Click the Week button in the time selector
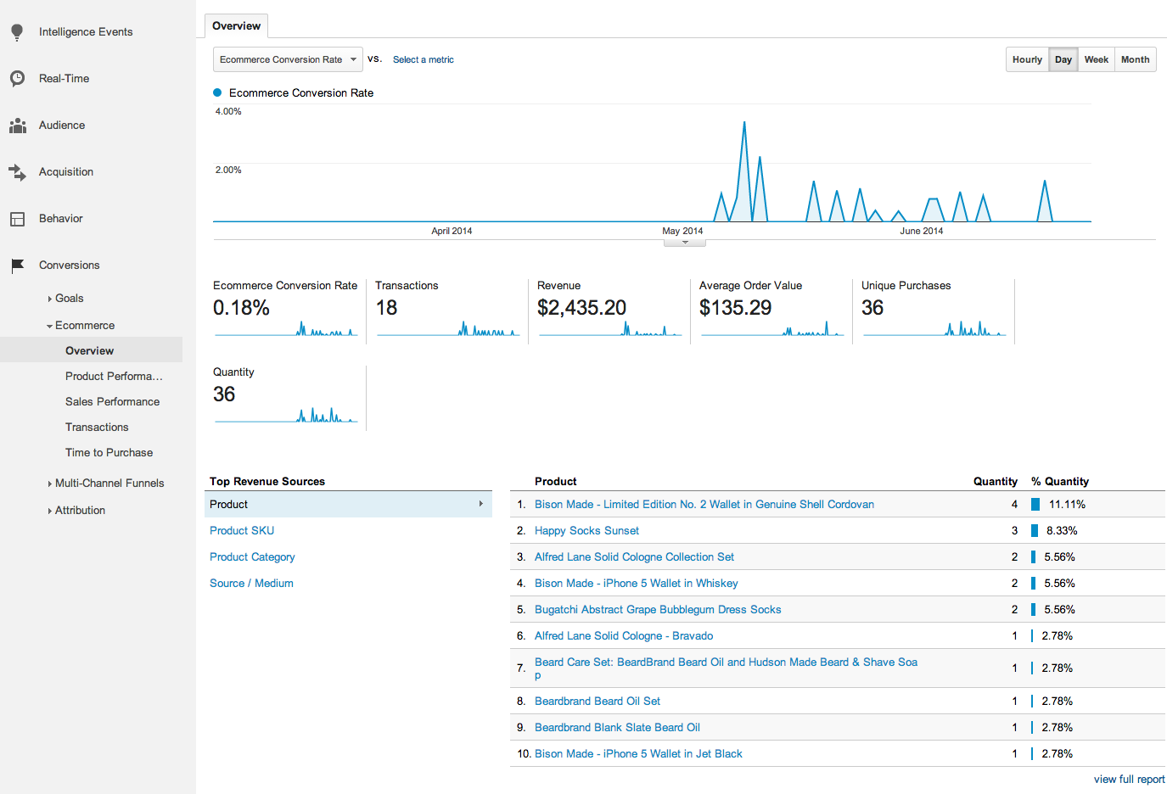pos(1096,59)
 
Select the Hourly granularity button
pos(1027,59)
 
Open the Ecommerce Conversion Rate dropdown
pos(288,59)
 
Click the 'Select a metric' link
pos(423,59)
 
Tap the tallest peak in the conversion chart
pos(744,124)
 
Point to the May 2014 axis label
pos(682,231)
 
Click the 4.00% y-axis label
pos(228,111)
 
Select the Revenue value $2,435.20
pos(581,308)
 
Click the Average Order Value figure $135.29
pos(735,308)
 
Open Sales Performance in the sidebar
pos(112,401)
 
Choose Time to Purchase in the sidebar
pos(109,452)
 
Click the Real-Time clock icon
pos(17,78)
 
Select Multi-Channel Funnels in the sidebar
pos(109,483)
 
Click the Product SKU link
pos(242,530)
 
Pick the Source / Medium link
pos(251,583)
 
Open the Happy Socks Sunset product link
pos(586,530)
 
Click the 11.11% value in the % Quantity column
pos(1067,504)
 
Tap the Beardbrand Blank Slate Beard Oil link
pos(617,727)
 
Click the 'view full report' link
pos(1129,779)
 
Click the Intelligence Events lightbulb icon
pos(17,32)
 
